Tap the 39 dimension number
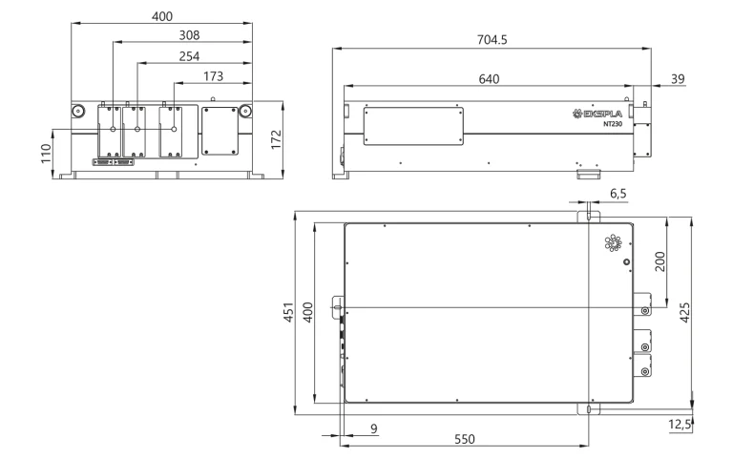click(677, 78)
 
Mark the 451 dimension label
click(287, 314)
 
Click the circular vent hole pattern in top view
click(611, 244)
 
